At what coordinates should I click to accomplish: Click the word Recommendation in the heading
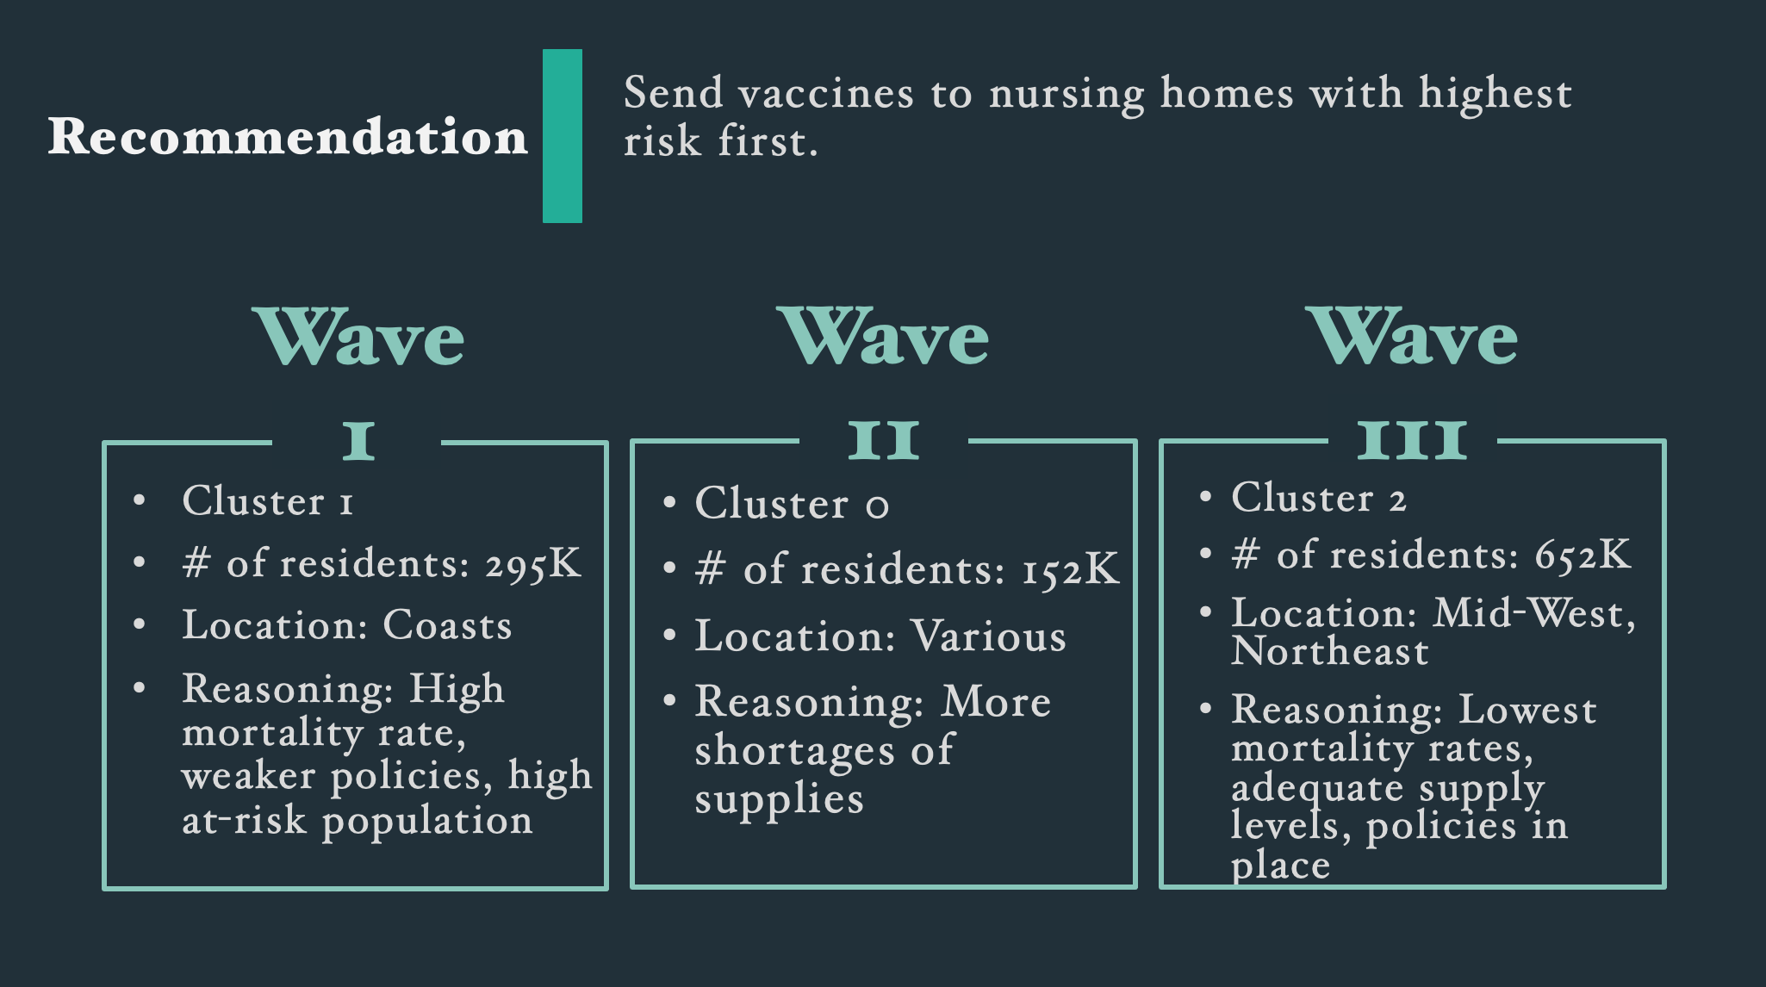click(x=288, y=136)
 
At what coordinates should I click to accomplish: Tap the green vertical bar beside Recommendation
click(x=563, y=136)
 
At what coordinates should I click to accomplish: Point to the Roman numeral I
click(x=358, y=440)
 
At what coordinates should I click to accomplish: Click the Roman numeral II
click(x=884, y=440)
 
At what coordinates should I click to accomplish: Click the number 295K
click(x=533, y=564)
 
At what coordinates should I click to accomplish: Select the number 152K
click(x=1071, y=570)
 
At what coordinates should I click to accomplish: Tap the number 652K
click(x=1583, y=555)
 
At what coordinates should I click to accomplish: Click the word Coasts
click(x=447, y=625)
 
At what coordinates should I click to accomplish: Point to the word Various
click(x=988, y=636)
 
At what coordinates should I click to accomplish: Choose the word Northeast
click(x=1330, y=651)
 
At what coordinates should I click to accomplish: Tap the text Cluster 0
click(x=792, y=504)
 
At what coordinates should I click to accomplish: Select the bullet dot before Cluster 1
click(x=140, y=500)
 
